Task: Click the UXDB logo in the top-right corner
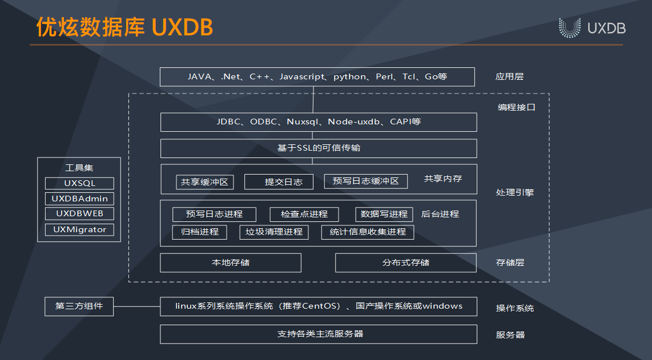[592, 28]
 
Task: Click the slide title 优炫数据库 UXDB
[124, 27]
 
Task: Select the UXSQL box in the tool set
[79, 183]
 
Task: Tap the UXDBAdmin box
[79, 199]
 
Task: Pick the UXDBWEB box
[79, 214]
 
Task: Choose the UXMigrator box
[79, 229]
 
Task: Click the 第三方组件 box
[79, 306]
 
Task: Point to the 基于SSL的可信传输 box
[319, 148]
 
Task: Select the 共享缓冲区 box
[204, 182]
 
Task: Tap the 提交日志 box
[279, 182]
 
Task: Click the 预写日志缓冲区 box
[366, 181]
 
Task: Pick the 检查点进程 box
[304, 215]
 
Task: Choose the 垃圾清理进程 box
[274, 232]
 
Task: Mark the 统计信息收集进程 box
[368, 232]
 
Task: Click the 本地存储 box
[231, 262]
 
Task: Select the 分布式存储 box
[406, 262]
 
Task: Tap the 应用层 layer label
[509, 76]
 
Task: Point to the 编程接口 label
[517, 107]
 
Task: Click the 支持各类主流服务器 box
[319, 334]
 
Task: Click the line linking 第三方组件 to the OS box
[137, 306]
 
